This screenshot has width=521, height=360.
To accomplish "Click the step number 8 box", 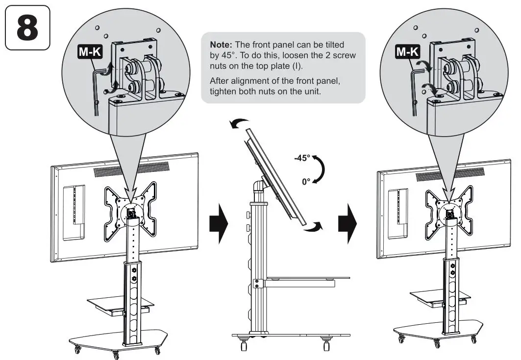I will pos(27,28).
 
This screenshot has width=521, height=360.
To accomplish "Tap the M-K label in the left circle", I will pos(90,51).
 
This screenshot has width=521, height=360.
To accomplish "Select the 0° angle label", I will pos(306,181).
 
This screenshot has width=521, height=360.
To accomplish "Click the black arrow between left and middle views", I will pos(219,224).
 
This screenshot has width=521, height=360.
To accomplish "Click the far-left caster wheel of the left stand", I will pos(77,350).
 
